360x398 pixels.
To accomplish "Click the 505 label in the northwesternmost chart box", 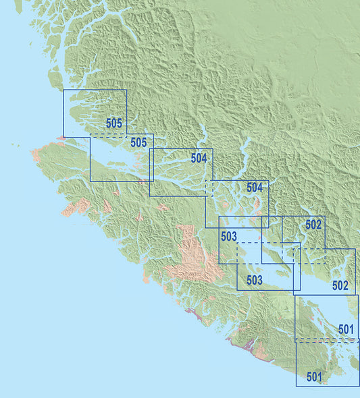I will click(114, 123).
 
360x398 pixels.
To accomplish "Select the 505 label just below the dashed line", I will click(138, 142).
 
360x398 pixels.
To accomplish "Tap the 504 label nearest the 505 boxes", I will click(199, 159).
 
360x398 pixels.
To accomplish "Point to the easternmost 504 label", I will click(255, 188).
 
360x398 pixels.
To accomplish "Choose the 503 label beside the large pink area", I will click(229, 237).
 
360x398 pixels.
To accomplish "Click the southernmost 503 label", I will click(254, 280).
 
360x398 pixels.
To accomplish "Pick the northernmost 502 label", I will click(313, 225).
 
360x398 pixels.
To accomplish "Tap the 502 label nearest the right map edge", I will click(340, 285).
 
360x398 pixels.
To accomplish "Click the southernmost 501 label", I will click(315, 376).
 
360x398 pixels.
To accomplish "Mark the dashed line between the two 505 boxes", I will click(108, 136).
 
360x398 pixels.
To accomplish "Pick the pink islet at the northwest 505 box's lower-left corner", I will click(61, 138).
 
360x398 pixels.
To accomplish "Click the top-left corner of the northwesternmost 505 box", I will click(63, 90).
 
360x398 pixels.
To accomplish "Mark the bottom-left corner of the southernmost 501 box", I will click(296, 386).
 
